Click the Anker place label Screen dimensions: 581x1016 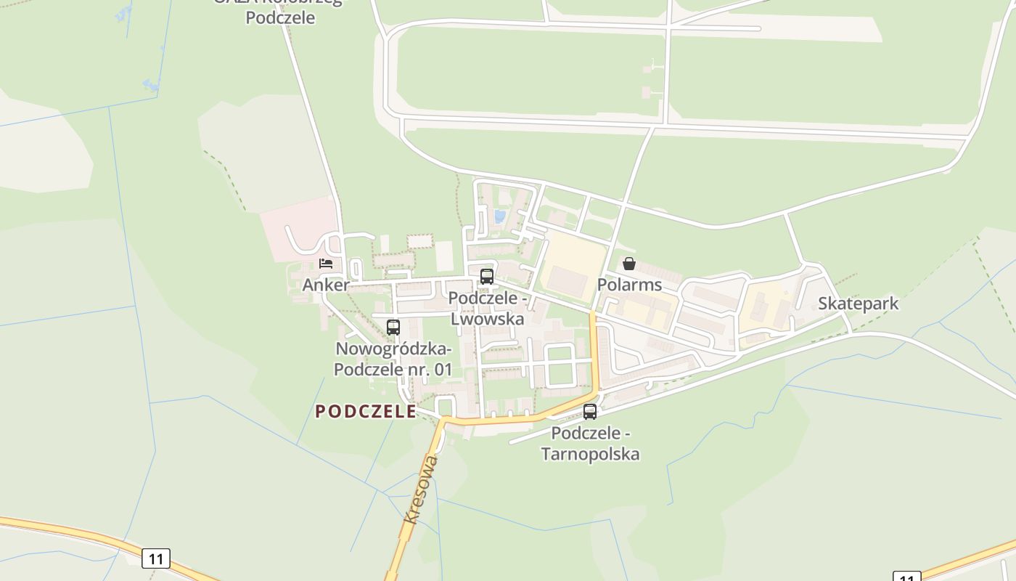[x=326, y=285]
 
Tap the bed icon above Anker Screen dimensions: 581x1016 [x=326, y=263]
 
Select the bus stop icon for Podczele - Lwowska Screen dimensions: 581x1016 [x=486, y=276]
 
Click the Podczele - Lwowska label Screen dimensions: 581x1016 [x=487, y=309]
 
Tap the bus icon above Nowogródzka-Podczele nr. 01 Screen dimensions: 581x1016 [x=393, y=327]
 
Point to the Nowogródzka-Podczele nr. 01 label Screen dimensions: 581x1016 [x=393, y=359]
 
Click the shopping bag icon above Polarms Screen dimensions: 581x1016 [x=629, y=263]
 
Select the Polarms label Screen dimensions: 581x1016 [x=629, y=285]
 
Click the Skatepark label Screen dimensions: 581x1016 [x=858, y=304]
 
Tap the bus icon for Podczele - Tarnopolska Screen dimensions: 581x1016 [x=590, y=412]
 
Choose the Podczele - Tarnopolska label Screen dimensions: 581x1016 [x=591, y=444]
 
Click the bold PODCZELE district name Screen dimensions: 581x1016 [x=366, y=412]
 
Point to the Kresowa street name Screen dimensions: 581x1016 [x=421, y=489]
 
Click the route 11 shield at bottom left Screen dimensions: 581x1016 [x=155, y=558]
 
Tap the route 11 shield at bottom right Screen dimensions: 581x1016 [x=906, y=577]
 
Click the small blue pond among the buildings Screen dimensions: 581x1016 [x=499, y=216]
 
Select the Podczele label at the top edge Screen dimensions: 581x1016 [x=280, y=17]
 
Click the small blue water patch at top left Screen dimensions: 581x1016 [x=152, y=86]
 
